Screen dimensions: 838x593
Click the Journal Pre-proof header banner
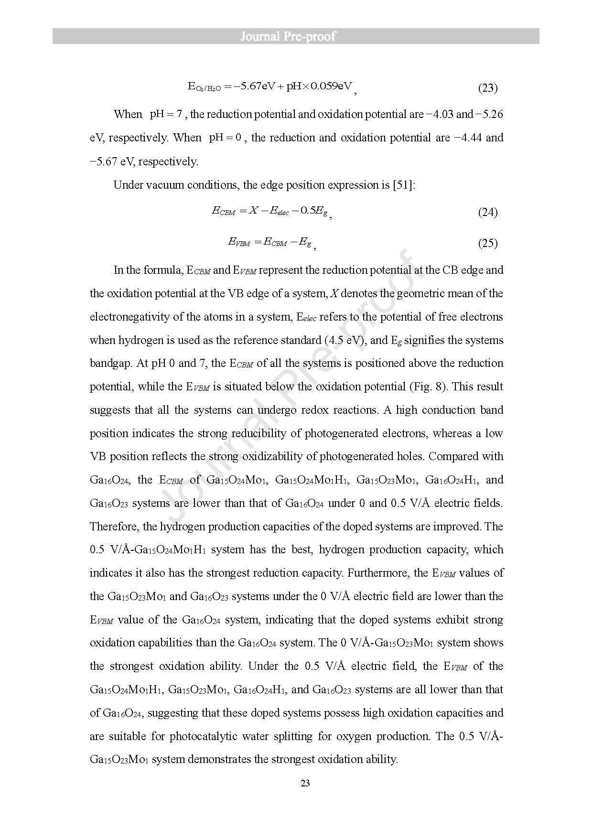coord(296,37)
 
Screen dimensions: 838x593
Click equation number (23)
coord(488,88)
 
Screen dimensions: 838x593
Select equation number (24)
coord(488,213)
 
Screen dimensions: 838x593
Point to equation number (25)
coord(488,244)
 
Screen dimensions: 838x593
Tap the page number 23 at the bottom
coord(306,783)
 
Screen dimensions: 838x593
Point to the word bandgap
coord(110,364)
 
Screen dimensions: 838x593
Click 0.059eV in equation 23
coord(331,86)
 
